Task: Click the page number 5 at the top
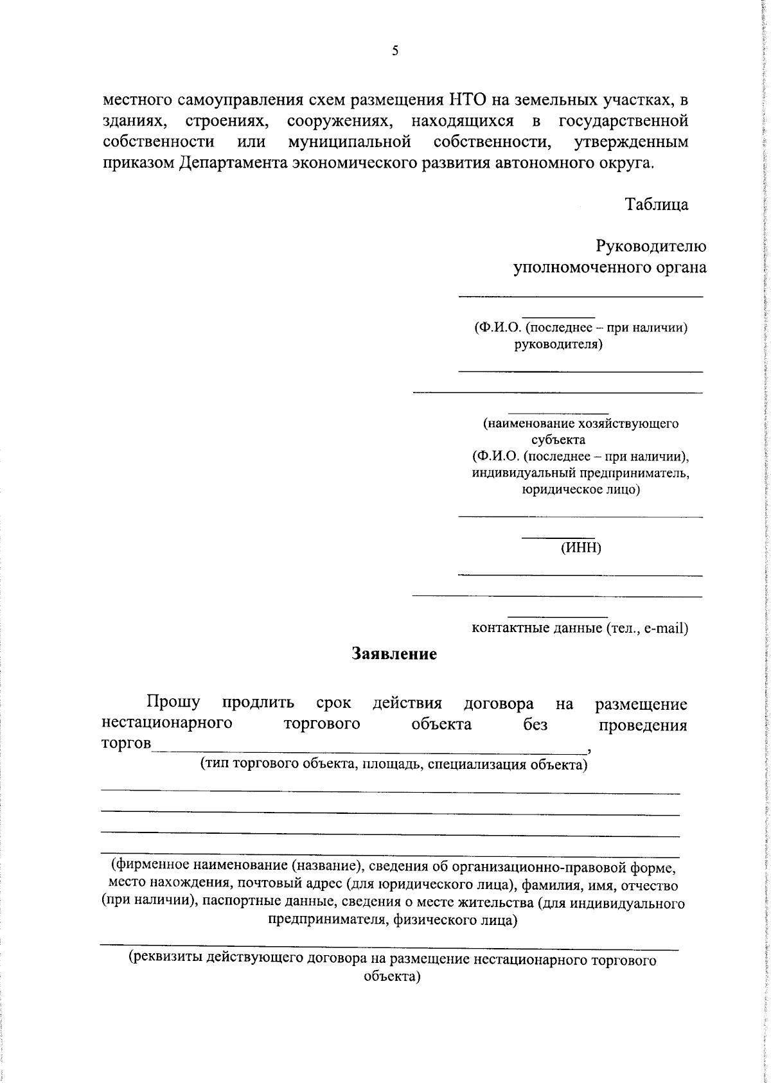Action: tap(394, 52)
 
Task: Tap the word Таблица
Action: tap(657, 204)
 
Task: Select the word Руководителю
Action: tap(651, 246)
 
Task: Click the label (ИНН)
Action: tap(580, 548)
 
